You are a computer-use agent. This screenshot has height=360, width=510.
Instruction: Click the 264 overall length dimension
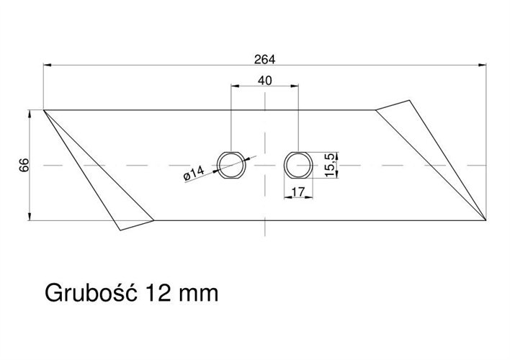click(264, 58)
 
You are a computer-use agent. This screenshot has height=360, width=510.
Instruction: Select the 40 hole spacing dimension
click(264, 81)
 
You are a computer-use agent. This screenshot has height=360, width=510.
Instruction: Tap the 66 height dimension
click(23, 166)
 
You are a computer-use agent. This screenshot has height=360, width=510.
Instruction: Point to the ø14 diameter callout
click(195, 174)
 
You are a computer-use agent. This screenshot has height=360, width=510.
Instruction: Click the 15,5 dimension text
click(331, 165)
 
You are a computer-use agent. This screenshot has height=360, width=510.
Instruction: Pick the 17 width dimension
click(297, 192)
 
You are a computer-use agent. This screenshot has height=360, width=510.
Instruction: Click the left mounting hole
click(231, 165)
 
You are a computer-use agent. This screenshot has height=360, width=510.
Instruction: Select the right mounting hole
click(297, 165)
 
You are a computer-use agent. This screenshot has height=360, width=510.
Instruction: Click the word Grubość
click(92, 294)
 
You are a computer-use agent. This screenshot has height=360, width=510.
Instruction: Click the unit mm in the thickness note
click(197, 294)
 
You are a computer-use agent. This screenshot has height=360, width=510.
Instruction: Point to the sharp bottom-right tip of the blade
click(486, 220)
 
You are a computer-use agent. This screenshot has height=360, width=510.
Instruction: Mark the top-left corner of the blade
click(44, 110)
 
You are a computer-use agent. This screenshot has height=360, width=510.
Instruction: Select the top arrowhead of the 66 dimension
click(29, 114)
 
